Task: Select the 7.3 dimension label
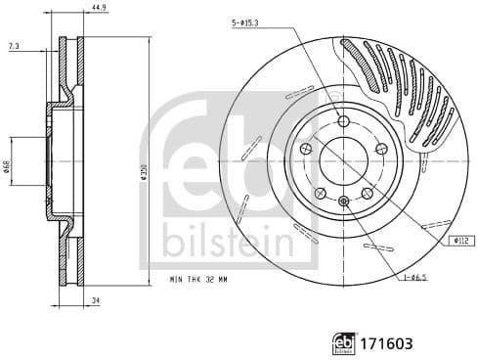13,46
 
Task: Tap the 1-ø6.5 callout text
416,278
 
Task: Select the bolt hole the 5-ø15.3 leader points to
342,120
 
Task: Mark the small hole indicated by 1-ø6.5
342,202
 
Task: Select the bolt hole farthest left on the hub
305,148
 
